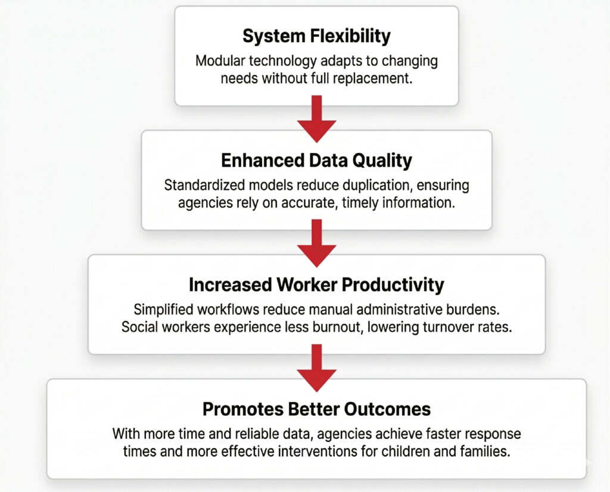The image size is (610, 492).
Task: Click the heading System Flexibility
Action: pos(316,36)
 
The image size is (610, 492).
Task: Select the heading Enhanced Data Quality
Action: pos(316,161)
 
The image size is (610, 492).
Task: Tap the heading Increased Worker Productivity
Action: pos(316,285)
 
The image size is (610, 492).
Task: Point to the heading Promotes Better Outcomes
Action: pos(316,409)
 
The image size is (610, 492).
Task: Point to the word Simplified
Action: pos(161,310)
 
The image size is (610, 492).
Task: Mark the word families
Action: pos(487,451)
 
